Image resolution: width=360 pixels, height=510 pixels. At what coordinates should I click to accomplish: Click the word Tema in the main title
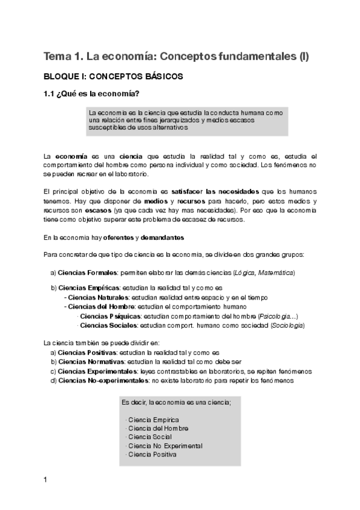[56, 57]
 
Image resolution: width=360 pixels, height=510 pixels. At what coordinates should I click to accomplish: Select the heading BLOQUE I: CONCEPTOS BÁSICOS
[113, 77]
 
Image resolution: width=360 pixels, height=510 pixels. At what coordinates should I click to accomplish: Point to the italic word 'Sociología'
[287, 325]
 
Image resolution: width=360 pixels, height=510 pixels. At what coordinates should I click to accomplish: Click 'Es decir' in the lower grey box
[133, 401]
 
